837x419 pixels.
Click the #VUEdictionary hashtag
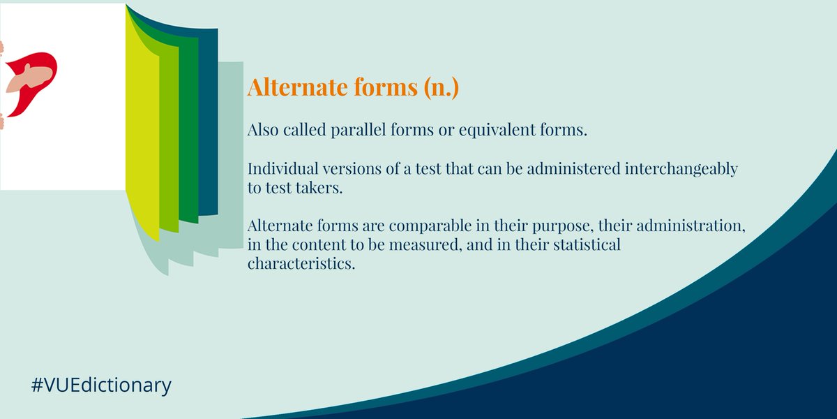coord(101,385)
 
